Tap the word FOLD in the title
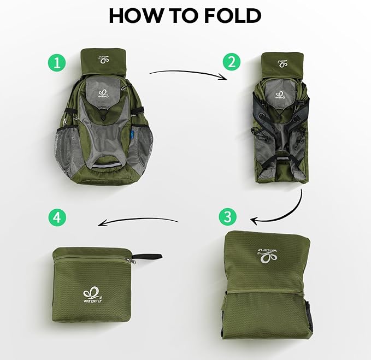[x=233, y=16]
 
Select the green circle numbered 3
[x=227, y=217]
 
